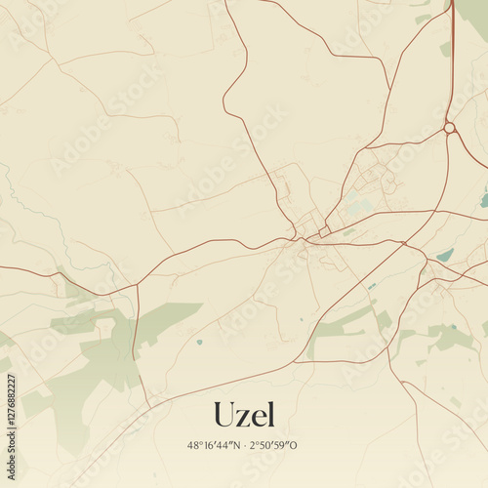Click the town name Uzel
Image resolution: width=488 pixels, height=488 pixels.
pos(244,414)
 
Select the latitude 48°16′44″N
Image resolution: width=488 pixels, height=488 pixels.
pos(214,445)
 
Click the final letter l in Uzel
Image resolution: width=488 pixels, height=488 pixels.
pos(270,413)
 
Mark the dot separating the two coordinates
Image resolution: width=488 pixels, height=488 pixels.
pos(245,445)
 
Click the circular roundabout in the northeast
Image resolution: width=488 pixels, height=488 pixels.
pos(449,128)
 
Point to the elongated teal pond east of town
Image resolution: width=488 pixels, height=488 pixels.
pos(445,256)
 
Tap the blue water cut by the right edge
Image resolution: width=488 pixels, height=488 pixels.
pos(484,199)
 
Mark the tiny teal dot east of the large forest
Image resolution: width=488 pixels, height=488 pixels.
pos(199,342)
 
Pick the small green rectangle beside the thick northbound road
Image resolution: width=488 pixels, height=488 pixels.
pos(445,48)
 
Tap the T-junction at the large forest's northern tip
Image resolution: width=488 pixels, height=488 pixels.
pos(137,285)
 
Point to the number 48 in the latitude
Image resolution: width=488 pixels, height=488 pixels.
pos(192,445)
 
